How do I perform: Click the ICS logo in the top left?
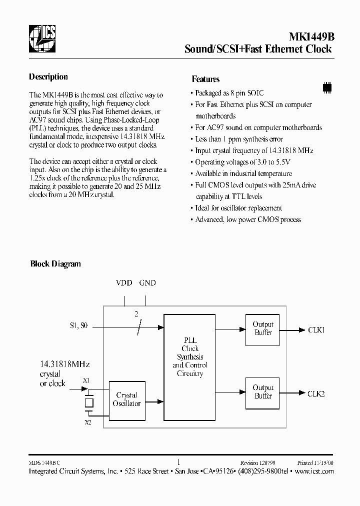42,37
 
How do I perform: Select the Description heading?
48,77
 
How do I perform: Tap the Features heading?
205,79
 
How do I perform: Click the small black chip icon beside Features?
327,86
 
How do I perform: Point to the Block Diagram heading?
55,264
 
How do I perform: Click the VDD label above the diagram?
124,283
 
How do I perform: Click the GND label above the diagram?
147,283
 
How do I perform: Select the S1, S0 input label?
78,326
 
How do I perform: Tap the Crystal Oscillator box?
127,399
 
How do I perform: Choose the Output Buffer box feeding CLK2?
263,392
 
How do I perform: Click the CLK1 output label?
316,330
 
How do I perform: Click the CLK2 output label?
316,393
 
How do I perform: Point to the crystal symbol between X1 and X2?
88,401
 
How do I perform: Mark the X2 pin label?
88,422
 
